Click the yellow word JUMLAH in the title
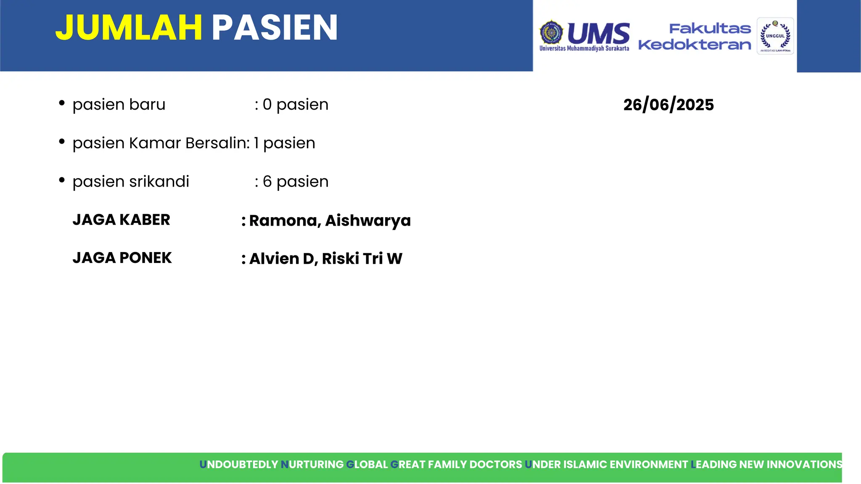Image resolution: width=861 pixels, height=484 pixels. click(129, 28)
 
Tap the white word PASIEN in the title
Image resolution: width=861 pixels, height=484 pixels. click(275, 28)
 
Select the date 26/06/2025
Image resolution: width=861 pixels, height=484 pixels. click(668, 105)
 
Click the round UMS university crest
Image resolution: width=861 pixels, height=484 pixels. click(551, 32)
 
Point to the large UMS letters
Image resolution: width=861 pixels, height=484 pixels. click(599, 33)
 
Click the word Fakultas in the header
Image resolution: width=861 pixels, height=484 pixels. click(710, 29)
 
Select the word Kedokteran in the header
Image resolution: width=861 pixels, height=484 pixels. click(695, 45)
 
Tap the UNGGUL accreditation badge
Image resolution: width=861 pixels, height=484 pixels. click(775, 36)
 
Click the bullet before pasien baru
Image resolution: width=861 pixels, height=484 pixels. click(62, 103)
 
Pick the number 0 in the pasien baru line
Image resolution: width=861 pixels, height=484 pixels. click(267, 105)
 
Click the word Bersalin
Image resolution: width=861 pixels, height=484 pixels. click(217, 143)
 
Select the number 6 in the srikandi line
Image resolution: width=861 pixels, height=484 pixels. click(267, 181)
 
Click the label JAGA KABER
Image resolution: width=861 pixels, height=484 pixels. click(121, 220)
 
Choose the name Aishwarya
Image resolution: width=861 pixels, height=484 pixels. click(368, 221)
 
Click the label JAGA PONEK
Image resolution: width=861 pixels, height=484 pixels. click(122, 258)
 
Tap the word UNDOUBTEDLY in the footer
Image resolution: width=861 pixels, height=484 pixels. click(238, 464)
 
